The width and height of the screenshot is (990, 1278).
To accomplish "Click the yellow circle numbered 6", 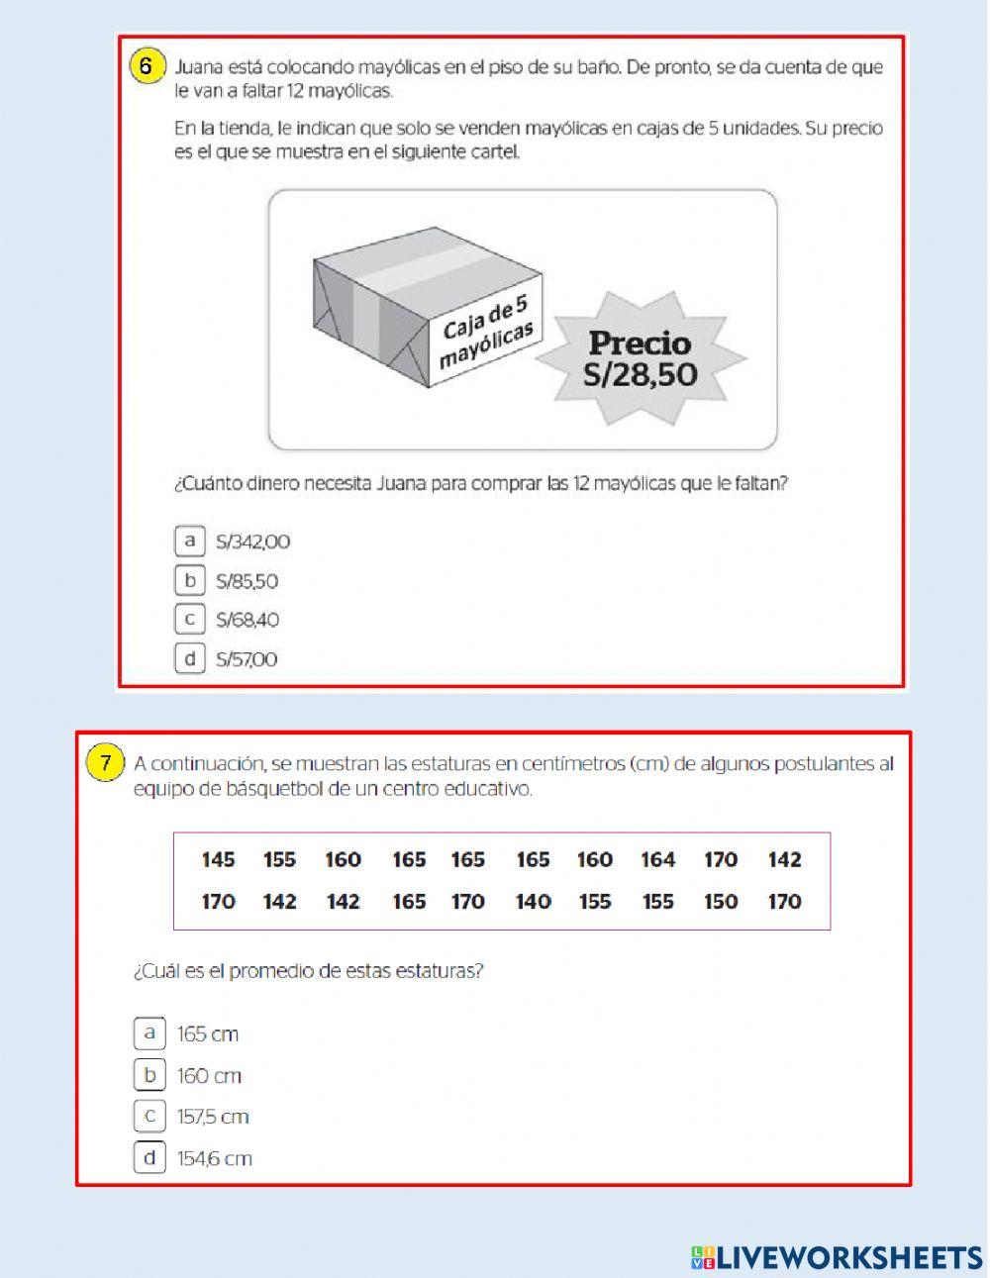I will click(x=146, y=67).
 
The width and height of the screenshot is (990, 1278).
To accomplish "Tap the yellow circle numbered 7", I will click(x=105, y=763).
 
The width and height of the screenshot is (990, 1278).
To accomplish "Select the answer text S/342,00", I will click(x=252, y=541).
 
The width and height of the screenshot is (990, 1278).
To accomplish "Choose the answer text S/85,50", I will click(x=247, y=581).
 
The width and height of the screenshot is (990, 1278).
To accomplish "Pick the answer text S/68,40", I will click(x=247, y=621).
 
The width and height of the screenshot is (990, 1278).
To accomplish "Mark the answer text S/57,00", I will click(x=247, y=659).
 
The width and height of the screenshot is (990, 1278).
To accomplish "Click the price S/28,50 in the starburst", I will click(x=640, y=374).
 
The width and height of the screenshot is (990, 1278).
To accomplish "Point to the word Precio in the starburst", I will click(x=640, y=344).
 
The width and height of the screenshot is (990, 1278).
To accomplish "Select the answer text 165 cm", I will click(x=208, y=1034).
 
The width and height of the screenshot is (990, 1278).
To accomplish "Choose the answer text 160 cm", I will click(x=209, y=1076).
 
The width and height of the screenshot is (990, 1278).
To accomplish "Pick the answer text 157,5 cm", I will click(x=213, y=1117).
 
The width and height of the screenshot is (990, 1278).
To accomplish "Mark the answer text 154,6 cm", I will click(x=214, y=1158).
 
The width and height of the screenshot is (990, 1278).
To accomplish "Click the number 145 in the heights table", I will click(x=218, y=859).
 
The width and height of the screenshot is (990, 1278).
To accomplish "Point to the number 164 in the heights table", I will click(x=657, y=859).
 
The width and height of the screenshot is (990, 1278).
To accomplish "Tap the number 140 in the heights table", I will click(x=533, y=902).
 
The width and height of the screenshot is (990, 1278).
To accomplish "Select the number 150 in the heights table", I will click(x=721, y=902).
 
